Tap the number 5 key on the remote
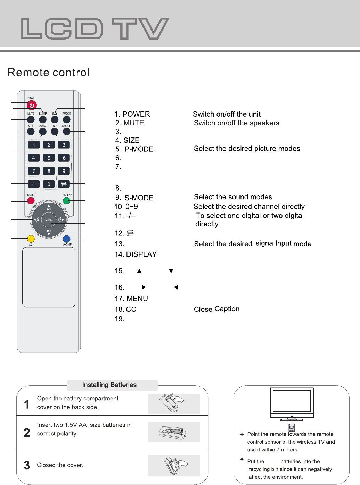[x=49, y=158]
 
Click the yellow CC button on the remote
[x=31, y=239]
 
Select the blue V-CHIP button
[x=67, y=239]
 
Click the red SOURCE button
[x=31, y=201]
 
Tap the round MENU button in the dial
[x=49, y=220]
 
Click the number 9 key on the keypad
[x=64, y=171]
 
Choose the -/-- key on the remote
[x=34, y=184]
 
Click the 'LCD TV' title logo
[x=95, y=28]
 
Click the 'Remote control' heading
[x=49, y=73]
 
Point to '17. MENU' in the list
[x=131, y=299]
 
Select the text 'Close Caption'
[x=216, y=309]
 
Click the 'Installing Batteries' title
[x=109, y=385]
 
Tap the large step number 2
[x=27, y=433]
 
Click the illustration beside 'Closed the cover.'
[x=174, y=465]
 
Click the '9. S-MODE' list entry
[x=134, y=198]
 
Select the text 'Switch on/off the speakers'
[x=236, y=123]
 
